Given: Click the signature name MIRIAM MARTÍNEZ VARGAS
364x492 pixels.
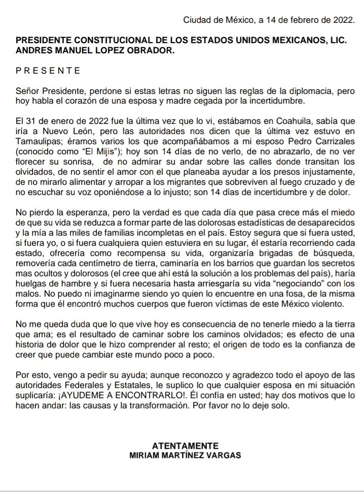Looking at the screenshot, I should tap(181, 455).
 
